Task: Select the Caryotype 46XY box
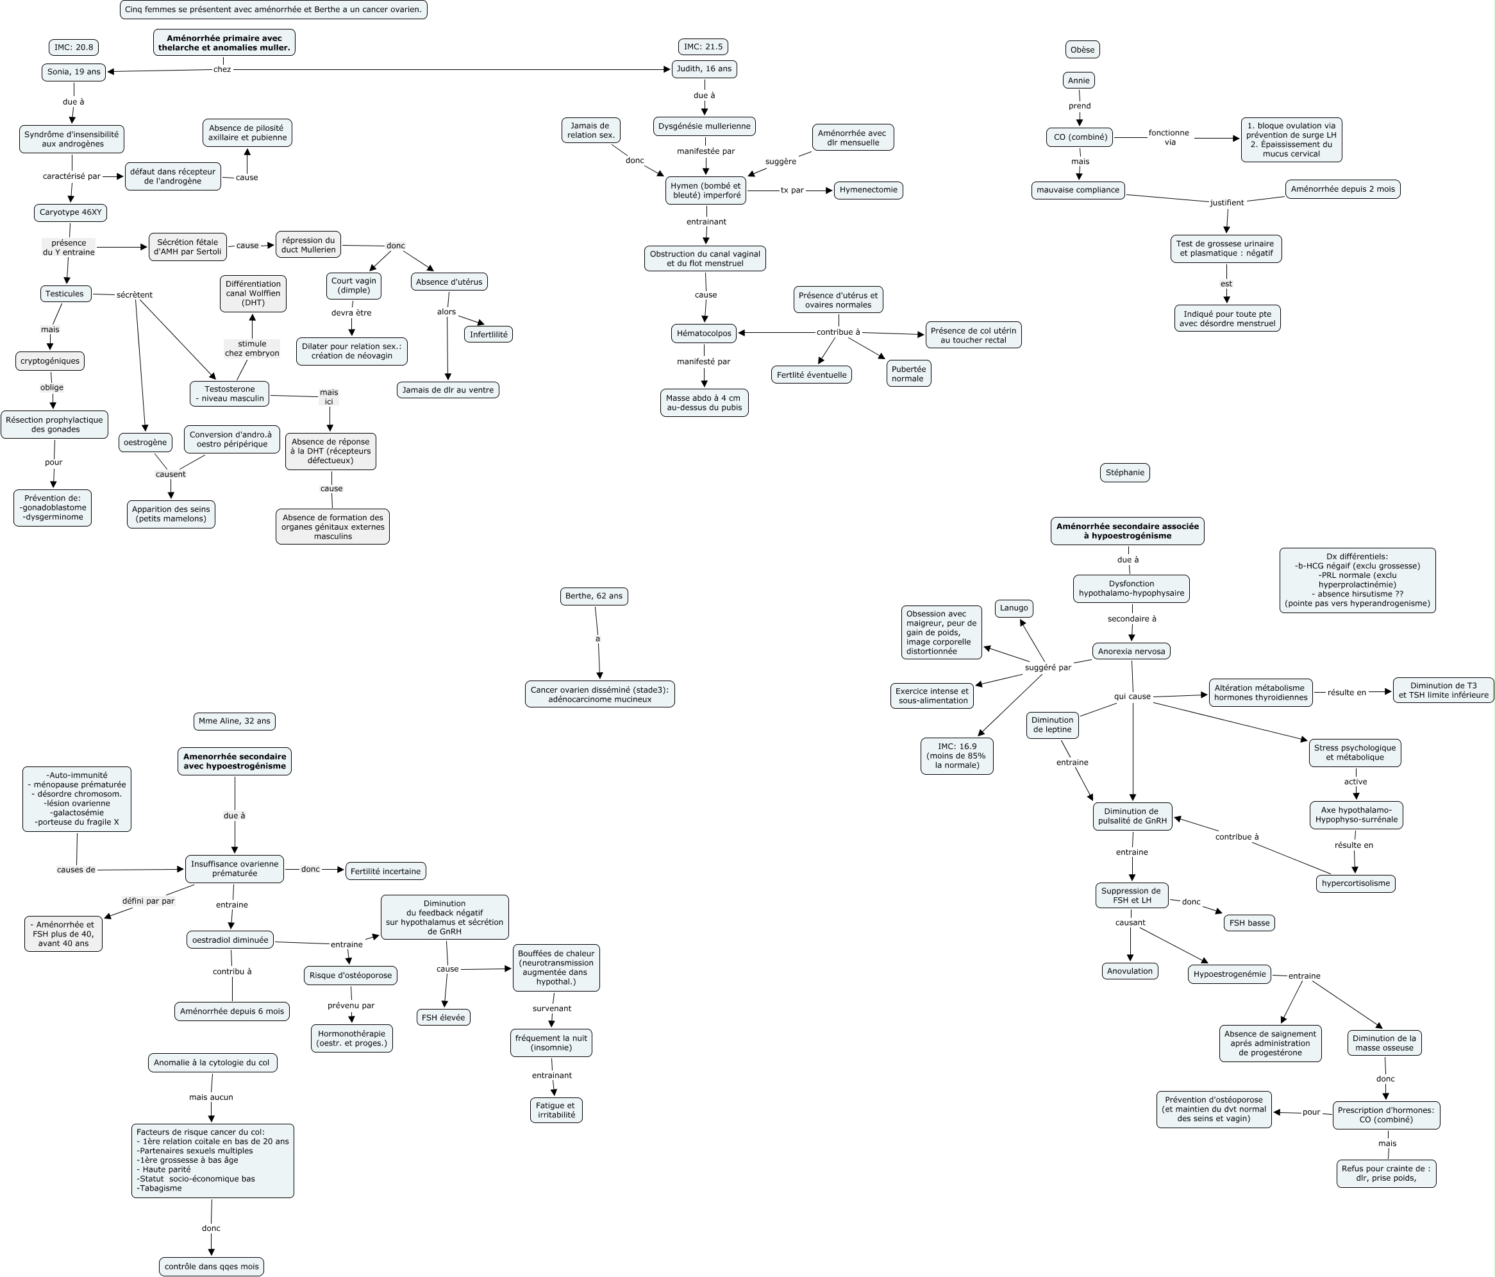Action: coord(71,213)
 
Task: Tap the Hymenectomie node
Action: coord(868,190)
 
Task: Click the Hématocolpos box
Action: coord(703,334)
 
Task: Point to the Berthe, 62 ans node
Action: coord(594,596)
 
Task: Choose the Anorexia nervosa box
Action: coord(1131,651)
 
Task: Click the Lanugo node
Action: coord(1013,609)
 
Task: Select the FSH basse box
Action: coord(1249,922)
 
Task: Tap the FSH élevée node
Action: coord(443,1018)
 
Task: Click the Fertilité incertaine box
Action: coord(385,871)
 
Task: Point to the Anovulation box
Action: coord(1130,971)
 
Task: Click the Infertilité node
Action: coord(489,335)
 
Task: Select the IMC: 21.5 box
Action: coord(703,47)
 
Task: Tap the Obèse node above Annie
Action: coord(1082,50)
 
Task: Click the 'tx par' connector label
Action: coord(792,190)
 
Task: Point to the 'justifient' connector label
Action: coord(1226,203)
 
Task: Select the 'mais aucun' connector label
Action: coord(211,1097)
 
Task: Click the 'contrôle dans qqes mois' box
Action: coord(212,1266)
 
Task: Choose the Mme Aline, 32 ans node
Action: coord(235,721)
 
